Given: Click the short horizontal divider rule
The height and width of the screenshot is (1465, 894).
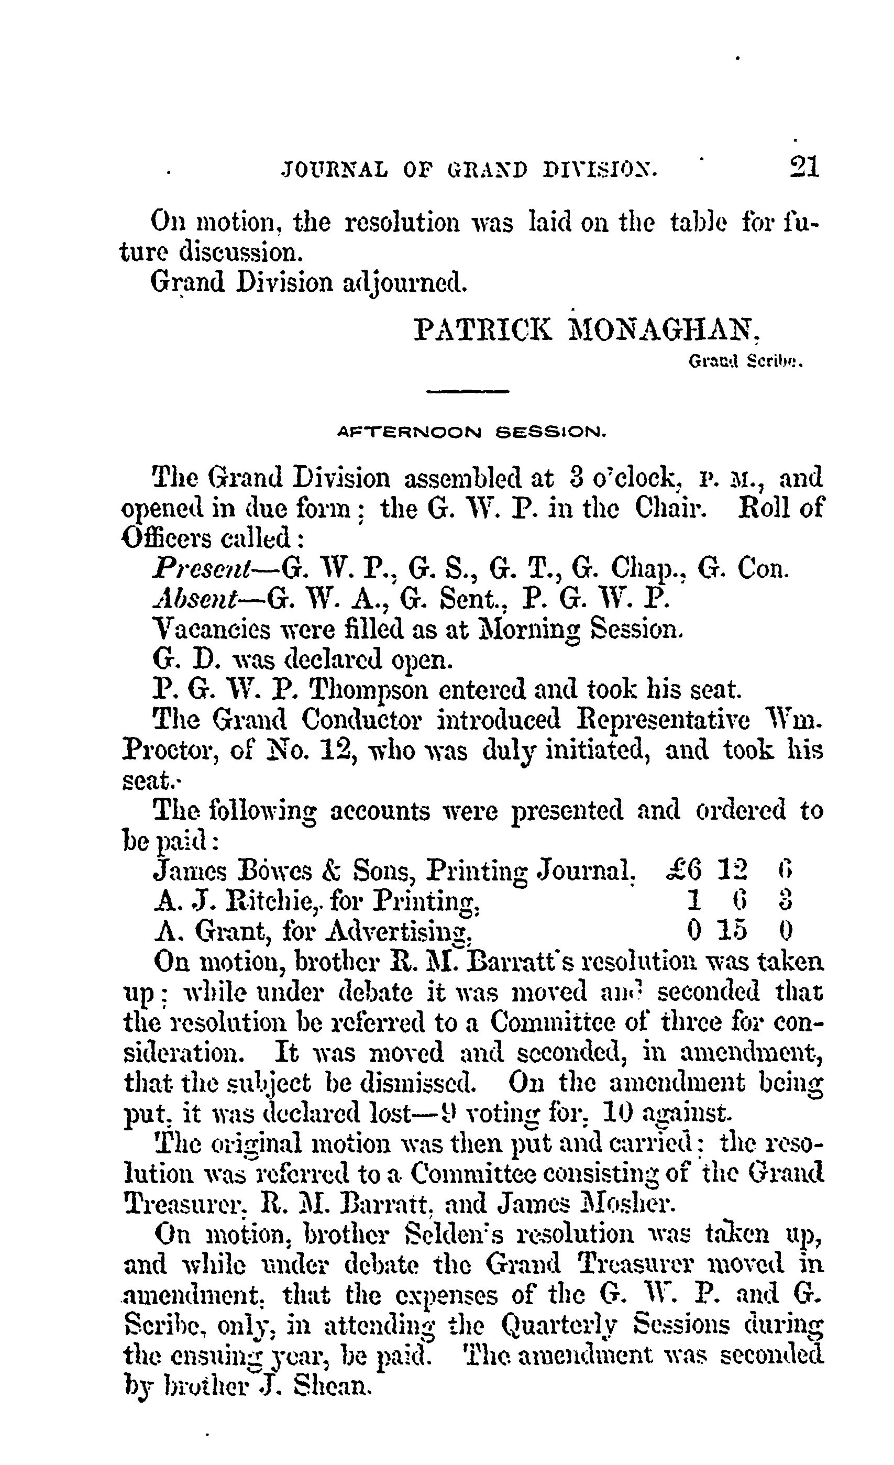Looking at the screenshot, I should tap(468, 391).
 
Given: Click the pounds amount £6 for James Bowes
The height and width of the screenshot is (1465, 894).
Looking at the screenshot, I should tap(683, 872).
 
